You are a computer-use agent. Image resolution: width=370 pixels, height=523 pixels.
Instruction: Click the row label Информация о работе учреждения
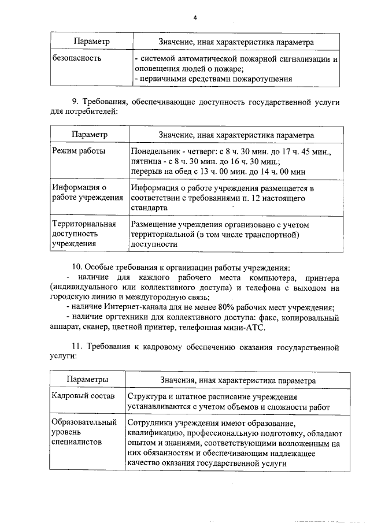(x=87, y=192)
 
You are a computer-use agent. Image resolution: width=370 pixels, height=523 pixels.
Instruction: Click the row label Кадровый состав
(x=83, y=396)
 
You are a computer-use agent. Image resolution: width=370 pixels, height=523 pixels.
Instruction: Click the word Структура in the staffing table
(x=149, y=396)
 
